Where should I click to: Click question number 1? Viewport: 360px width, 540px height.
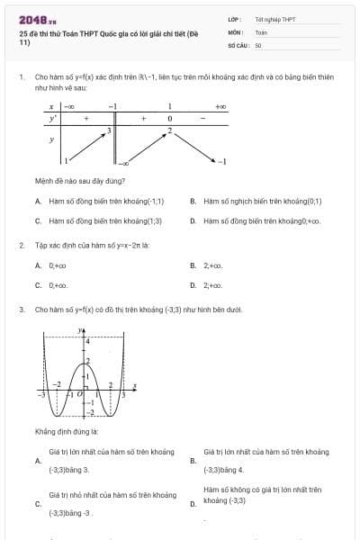tap(20, 78)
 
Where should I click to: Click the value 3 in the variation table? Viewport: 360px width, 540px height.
tap(108, 130)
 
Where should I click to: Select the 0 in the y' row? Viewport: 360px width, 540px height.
tap(169, 118)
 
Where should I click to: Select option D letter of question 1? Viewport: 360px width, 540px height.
tap(193, 220)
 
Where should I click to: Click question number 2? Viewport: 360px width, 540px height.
tap(20, 245)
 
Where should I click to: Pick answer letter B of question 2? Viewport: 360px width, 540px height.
tap(193, 265)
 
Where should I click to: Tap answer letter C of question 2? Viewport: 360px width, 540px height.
tap(37, 284)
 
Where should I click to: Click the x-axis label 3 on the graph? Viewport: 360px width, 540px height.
tap(123, 394)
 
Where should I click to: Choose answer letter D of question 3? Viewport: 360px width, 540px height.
tap(193, 504)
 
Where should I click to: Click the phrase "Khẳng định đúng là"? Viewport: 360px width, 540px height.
tap(66, 431)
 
